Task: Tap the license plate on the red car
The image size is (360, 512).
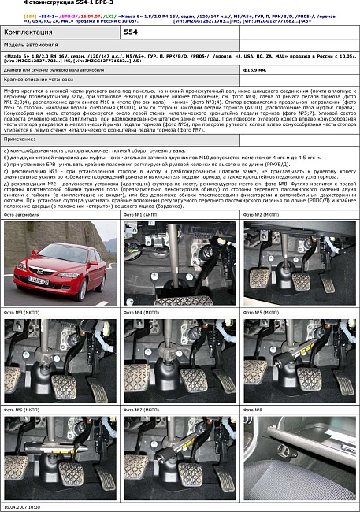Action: tap(38, 280)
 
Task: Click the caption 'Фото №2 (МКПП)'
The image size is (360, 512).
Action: tap(262, 215)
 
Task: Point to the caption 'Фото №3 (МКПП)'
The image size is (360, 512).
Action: tap(22, 313)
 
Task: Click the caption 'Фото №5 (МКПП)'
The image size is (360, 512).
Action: tap(262, 313)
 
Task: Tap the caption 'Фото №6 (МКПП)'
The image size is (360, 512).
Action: tap(22, 410)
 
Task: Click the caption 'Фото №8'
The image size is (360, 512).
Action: tap(252, 410)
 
